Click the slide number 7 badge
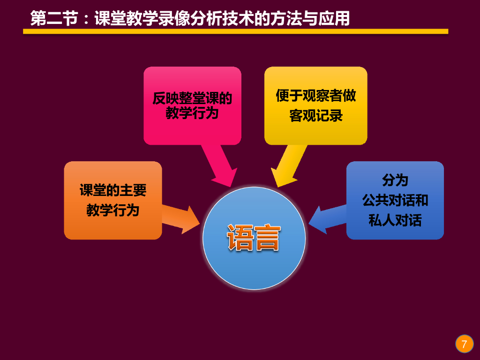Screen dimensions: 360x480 (x=464, y=344)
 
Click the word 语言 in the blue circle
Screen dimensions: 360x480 (x=254, y=238)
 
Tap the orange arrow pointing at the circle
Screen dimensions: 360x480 (x=181, y=218)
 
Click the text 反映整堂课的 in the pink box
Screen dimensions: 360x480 (x=192, y=98)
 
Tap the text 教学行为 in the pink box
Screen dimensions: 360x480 (x=192, y=113)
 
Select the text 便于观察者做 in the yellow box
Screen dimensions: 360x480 (x=315, y=96)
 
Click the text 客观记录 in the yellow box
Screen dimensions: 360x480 (x=315, y=116)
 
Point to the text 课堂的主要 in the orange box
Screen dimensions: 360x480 (x=113, y=190)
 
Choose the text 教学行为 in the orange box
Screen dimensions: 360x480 (x=113, y=210)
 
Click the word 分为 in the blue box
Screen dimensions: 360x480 (x=395, y=180)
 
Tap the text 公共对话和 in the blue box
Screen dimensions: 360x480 (x=395, y=200)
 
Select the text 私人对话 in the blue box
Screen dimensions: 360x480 (x=395, y=220)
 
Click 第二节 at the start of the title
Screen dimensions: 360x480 (x=54, y=18)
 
